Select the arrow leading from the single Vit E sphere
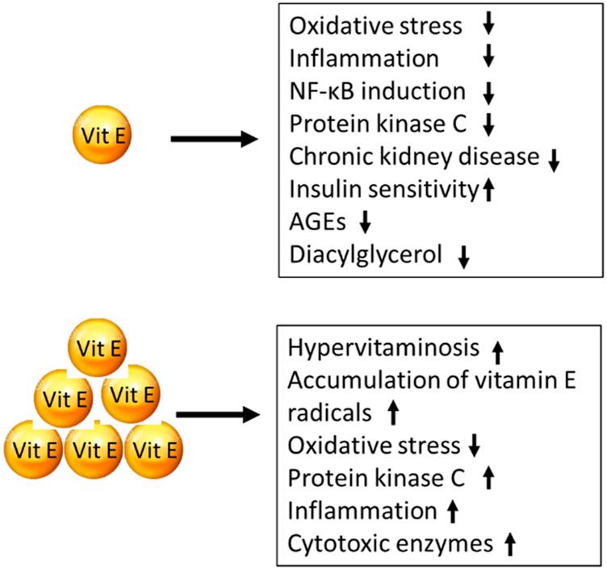coord(214,140)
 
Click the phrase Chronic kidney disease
coord(413,156)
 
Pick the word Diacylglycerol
coord(366,255)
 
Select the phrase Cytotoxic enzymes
coord(390,543)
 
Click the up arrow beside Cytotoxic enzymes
coord(509,545)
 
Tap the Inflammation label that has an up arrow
coord(362,510)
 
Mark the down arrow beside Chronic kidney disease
coord(553,159)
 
